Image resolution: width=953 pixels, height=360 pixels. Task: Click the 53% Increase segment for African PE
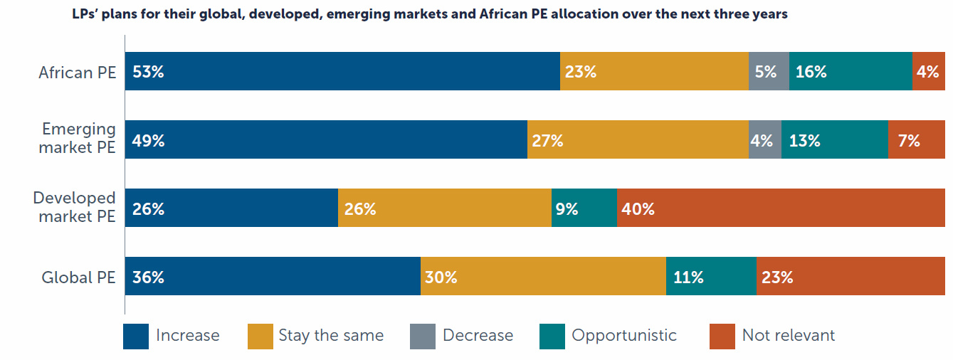tap(342, 71)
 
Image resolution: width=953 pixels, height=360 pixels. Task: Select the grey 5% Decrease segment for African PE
tap(769, 71)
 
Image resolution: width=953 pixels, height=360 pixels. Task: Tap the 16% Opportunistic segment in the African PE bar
tap(851, 71)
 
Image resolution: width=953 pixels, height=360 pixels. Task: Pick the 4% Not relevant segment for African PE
tap(929, 71)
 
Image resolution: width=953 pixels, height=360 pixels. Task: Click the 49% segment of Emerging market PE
tap(326, 139)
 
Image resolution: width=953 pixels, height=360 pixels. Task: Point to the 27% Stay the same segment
tap(638, 139)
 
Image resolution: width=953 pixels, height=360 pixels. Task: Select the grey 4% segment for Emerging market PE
tap(765, 139)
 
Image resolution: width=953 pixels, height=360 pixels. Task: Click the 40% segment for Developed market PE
tap(781, 208)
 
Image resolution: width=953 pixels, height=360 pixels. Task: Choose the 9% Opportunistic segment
tap(584, 208)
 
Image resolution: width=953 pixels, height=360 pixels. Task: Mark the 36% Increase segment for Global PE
tap(273, 276)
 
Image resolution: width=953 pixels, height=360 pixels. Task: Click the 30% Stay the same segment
tap(543, 276)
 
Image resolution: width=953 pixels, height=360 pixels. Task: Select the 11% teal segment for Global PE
tap(711, 276)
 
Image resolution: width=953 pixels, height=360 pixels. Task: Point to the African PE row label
tap(77, 73)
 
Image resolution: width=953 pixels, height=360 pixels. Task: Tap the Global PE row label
tap(78, 277)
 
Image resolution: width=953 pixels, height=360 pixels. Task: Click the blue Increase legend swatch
tap(136, 336)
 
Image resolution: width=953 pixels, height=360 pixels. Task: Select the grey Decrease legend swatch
tap(423, 336)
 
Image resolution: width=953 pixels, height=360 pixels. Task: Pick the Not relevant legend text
tap(789, 335)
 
